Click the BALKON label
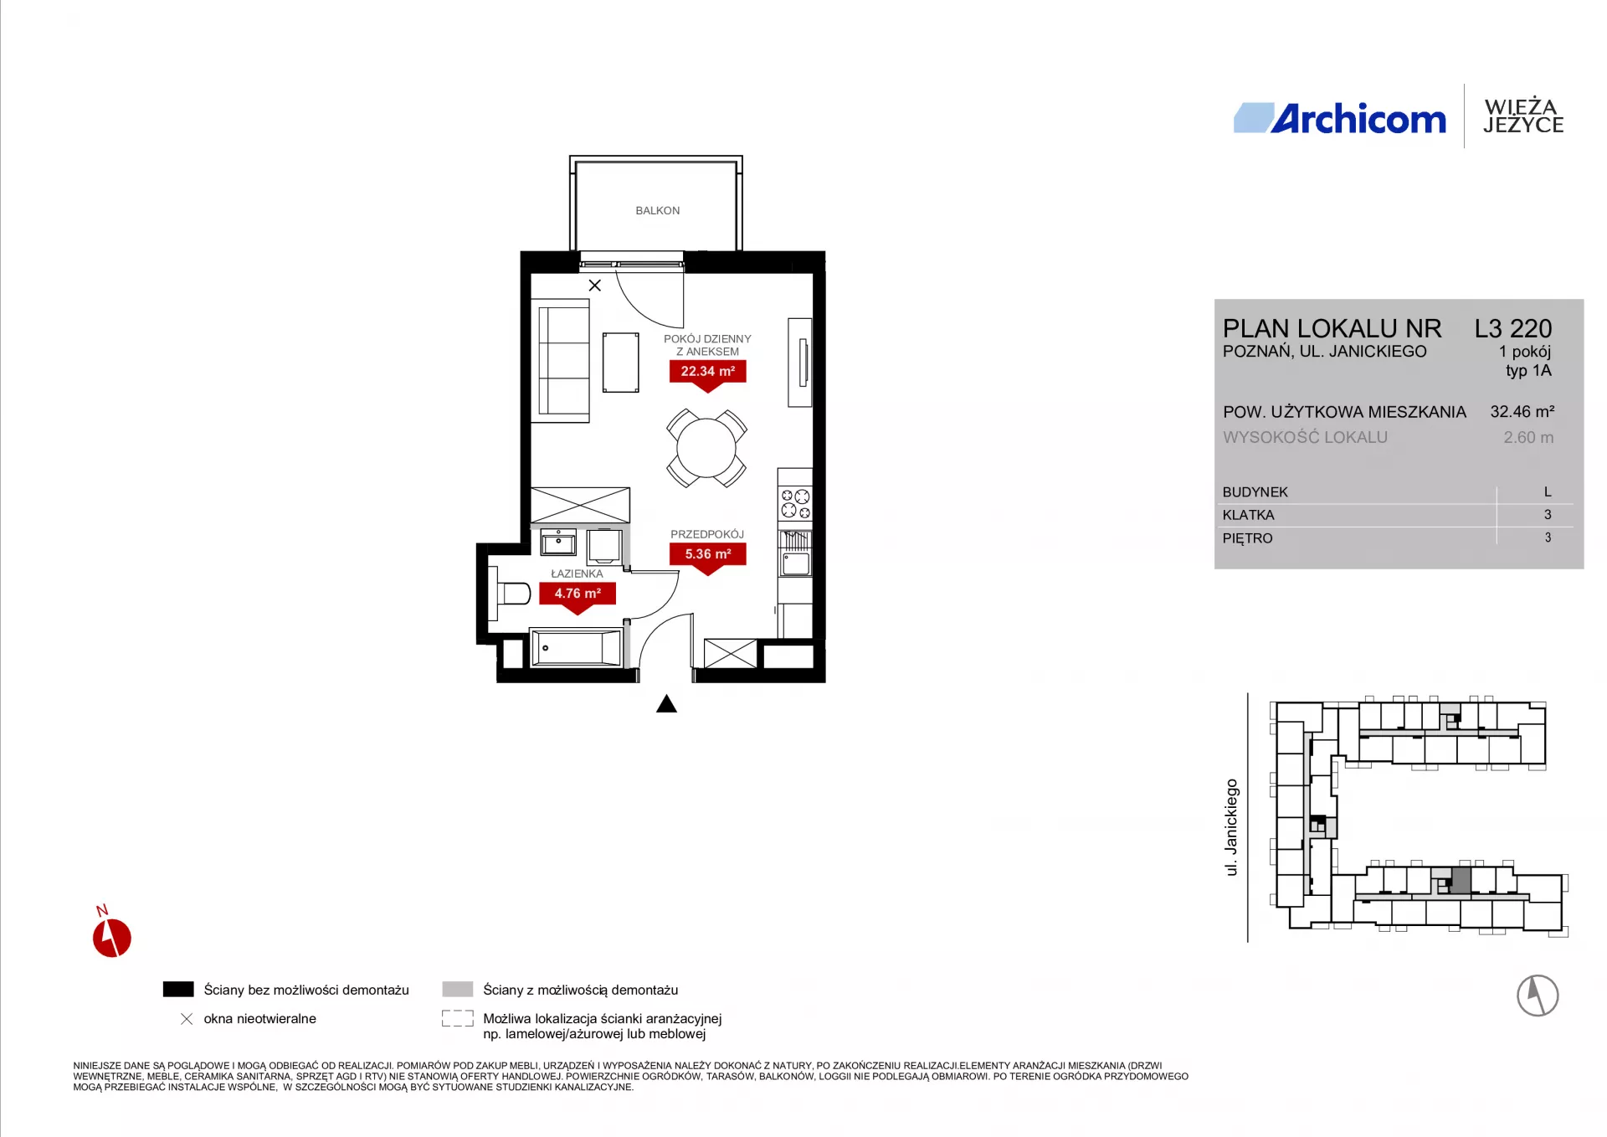(657, 210)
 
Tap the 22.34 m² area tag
(707, 373)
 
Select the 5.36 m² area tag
(707, 556)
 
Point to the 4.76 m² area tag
(578, 595)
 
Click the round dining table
(706, 448)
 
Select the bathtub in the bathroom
(577, 648)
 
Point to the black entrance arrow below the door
(666, 703)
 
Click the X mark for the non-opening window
(595, 286)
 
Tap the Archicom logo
(1339, 118)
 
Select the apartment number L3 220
(1513, 328)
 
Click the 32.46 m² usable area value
(1522, 411)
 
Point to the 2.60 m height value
(1528, 437)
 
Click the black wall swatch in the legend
(178, 989)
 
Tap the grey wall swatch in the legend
(458, 989)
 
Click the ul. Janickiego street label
(1231, 827)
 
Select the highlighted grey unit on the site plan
(1461, 881)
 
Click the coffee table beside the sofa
(621, 362)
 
